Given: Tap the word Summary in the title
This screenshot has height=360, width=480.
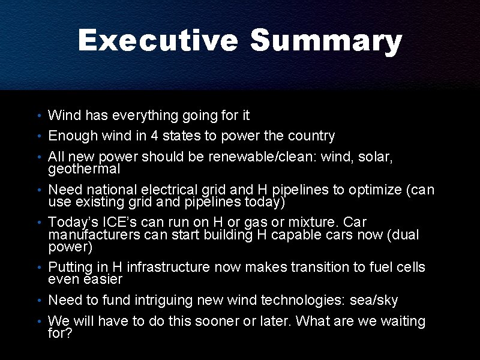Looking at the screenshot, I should [x=326, y=41].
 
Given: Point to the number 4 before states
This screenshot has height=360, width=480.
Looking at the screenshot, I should [x=154, y=136].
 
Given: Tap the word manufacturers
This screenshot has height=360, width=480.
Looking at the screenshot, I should [x=94, y=235].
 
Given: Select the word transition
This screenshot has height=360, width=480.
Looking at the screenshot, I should [x=320, y=267].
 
